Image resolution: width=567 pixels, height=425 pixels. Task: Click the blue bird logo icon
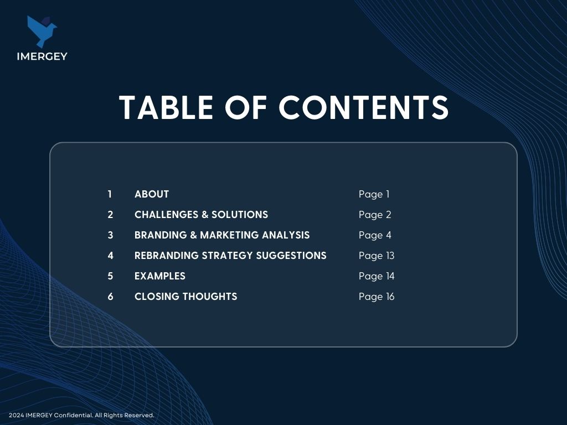pyautogui.click(x=41, y=31)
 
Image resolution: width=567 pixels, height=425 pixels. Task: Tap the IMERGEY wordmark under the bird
pyautogui.click(x=42, y=56)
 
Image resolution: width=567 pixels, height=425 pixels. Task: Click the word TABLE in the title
pyautogui.click(x=166, y=107)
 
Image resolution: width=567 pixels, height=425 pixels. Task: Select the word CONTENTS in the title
pyautogui.click(x=363, y=107)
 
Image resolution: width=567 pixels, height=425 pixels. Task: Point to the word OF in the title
pyautogui.click(x=246, y=107)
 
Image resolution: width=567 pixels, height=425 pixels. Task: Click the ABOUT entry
pyautogui.click(x=152, y=194)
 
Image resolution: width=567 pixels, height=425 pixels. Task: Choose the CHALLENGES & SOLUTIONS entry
pyautogui.click(x=202, y=215)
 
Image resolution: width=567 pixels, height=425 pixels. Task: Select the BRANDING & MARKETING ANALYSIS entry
pyautogui.click(x=222, y=235)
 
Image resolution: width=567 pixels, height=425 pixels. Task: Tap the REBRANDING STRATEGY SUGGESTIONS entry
pyautogui.click(x=230, y=256)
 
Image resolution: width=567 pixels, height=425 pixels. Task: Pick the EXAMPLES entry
pyautogui.click(x=160, y=276)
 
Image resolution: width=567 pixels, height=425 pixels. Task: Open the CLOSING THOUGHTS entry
pyautogui.click(x=186, y=297)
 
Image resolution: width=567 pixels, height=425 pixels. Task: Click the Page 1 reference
pyautogui.click(x=374, y=194)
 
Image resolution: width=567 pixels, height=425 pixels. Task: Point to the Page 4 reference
pyautogui.click(x=375, y=235)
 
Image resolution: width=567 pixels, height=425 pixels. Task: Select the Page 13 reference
pyautogui.click(x=377, y=256)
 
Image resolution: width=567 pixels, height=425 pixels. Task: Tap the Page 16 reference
pyautogui.click(x=377, y=297)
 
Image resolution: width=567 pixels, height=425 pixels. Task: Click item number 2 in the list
pyautogui.click(x=110, y=215)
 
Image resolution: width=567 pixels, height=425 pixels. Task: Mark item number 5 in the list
pyautogui.click(x=110, y=276)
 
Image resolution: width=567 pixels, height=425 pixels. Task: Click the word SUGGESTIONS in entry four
pyautogui.click(x=291, y=256)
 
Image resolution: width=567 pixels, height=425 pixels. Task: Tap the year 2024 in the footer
pyautogui.click(x=16, y=415)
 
